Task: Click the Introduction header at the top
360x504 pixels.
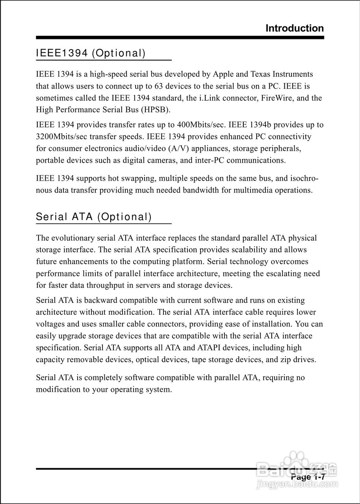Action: tap(295, 28)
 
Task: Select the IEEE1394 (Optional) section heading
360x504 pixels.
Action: tap(91, 54)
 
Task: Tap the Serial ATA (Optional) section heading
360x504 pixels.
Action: tap(94, 217)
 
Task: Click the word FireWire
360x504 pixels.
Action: tap(278, 98)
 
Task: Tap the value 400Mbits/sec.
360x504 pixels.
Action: tap(201, 125)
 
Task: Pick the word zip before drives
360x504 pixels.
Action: tap(286, 359)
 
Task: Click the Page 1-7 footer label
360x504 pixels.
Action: tap(308, 477)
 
